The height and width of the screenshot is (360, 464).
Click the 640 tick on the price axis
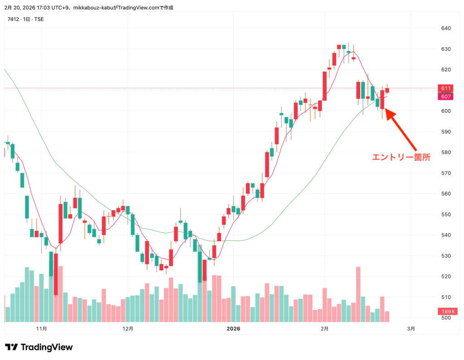(445, 28)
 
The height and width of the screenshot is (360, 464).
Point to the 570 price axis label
(445, 173)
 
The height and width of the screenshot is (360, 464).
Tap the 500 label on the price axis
(445, 318)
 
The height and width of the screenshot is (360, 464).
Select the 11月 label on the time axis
(41, 328)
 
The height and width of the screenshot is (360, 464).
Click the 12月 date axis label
(128, 328)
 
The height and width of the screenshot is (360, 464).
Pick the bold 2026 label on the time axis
(233, 328)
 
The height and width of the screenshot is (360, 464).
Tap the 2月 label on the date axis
(324, 328)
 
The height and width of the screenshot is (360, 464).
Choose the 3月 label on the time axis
(411, 328)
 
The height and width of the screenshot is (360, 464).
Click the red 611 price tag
(445, 88)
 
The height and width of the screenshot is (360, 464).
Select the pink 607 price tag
(445, 97)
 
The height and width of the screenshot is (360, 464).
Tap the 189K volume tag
(447, 311)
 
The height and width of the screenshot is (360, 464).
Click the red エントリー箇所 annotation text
(401, 157)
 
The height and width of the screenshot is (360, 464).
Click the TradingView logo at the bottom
(39, 347)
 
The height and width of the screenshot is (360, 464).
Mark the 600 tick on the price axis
(445, 111)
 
